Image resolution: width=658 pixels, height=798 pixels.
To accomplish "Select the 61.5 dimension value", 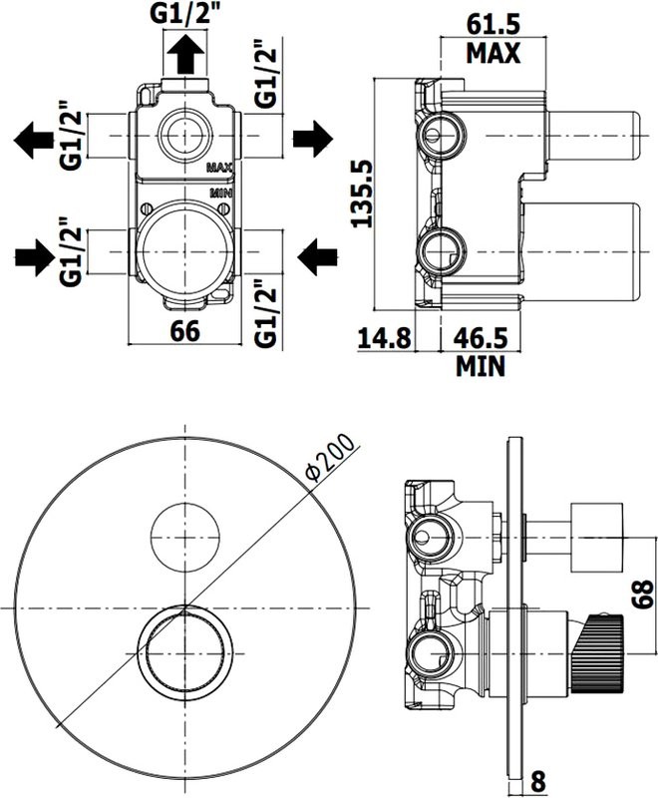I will pos(493,21).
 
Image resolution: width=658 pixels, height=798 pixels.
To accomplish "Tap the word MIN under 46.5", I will pos(481,366).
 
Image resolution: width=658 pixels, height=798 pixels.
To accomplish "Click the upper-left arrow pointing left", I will pos(35,139).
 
